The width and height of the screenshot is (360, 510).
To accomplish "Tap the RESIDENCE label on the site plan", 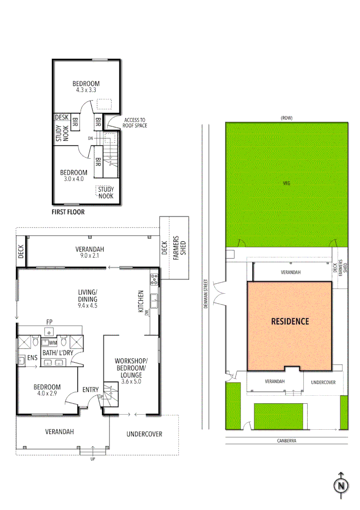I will (x=290, y=322).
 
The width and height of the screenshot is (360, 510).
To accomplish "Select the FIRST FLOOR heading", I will (x=68, y=212).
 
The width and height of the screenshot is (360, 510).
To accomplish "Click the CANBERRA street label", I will (x=286, y=441).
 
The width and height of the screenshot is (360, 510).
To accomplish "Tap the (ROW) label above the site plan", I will (x=286, y=118).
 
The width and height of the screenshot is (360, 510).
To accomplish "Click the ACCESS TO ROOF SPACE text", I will (x=135, y=122).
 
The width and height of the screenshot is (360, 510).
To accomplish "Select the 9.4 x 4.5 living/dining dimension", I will (x=88, y=306).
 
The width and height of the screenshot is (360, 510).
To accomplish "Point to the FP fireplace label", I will (x=49, y=322).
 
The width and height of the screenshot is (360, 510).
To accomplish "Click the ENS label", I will (x=32, y=358).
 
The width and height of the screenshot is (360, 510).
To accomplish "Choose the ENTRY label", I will (x=91, y=390).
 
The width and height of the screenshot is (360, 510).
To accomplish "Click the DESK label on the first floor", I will (x=62, y=117).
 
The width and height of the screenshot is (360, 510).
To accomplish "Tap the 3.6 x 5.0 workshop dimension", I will (x=131, y=381).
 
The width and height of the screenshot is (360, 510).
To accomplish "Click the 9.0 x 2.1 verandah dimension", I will (x=90, y=256).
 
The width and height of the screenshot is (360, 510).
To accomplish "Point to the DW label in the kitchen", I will (x=147, y=313).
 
